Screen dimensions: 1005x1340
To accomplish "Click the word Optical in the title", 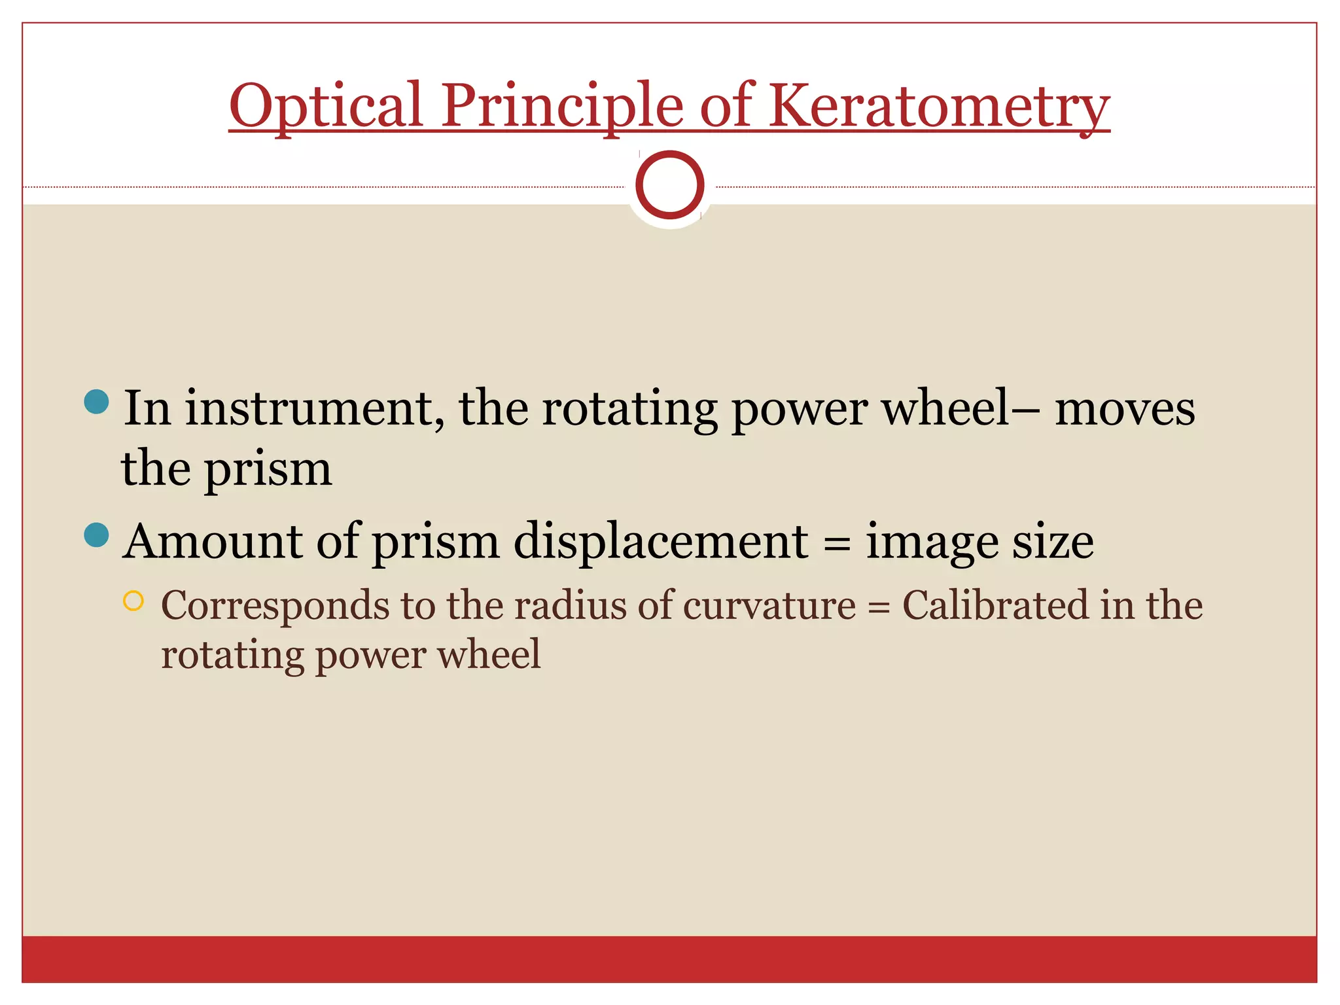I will pyautogui.click(x=326, y=106).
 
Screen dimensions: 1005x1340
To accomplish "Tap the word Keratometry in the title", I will pyautogui.click(x=939, y=106).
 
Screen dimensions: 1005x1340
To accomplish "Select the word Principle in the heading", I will pyautogui.click(x=561, y=106).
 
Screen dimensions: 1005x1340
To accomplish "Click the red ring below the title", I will pyautogui.click(x=669, y=185).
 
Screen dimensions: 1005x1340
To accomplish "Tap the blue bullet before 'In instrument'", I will pyautogui.click(x=97, y=402).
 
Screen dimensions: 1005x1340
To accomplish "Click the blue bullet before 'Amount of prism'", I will pyautogui.click(x=97, y=535).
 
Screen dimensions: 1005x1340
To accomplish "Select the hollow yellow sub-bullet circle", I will pyautogui.click(x=133, y=601).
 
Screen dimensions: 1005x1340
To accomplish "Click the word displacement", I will pyautogui.click(x=661, y=542).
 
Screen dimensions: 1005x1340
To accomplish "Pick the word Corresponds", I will pyautogui.click(x=275, y=606).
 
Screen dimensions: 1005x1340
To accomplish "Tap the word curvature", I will pyautogui.click(x=769, y=606).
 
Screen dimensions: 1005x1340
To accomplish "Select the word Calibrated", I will pyautogui.click(x=995, y=605).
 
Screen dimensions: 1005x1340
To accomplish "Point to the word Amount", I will pyautogui.click(x=213, y=542).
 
